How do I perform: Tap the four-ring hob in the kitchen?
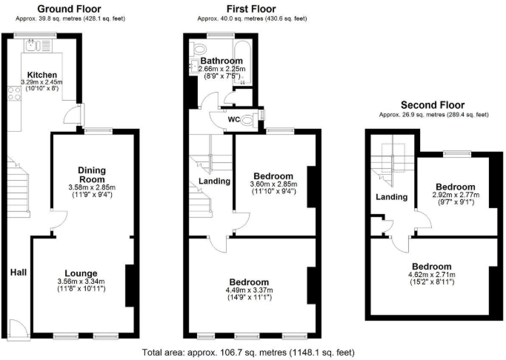pyautogui.click(x=14, y=93)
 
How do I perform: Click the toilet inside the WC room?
pyautogui.click(x=254, y=119)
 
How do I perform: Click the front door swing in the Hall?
pyautogui.click(x=17, y=327)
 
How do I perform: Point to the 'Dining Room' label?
pyautogui.click(x=92, y=175)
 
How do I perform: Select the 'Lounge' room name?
pyautogui.click(x=80, y=273)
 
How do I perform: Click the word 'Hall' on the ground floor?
pyautogui.click(x=19, y=273)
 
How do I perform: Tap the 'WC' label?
pyautogui.click(x=233, y=119)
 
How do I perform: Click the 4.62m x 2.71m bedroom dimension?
pyautogui.click(x=431, y=275)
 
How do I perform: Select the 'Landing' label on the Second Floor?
pyautogui.click(x=391, y=197)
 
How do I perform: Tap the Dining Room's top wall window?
pyautogui.click(x=93, y=131)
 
